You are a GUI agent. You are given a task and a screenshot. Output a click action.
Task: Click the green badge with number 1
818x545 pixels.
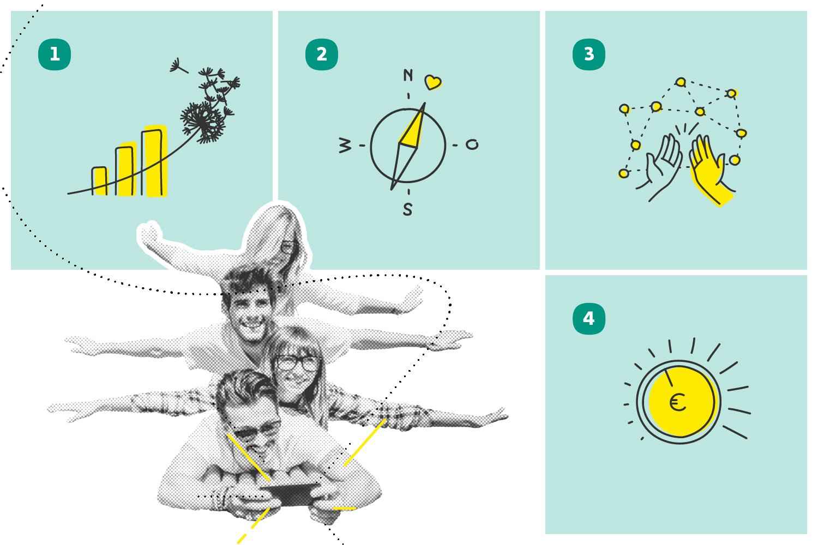(x=55, y=55)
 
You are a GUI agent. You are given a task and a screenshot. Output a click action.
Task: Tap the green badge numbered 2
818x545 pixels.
(x=321, y=55)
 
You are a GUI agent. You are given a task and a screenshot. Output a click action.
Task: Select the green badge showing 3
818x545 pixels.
(x=588, y=55)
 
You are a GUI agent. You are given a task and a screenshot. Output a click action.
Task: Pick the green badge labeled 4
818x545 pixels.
(x=588, y=319)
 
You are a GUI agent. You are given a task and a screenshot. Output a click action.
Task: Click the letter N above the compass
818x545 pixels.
(x=408, y=75)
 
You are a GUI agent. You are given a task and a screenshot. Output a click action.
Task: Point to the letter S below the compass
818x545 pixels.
(x=407, y=209)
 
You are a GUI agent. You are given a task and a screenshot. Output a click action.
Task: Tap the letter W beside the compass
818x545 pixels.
(x=345, y=145)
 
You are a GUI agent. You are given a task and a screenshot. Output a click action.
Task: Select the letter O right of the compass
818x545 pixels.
(x=472, y=144)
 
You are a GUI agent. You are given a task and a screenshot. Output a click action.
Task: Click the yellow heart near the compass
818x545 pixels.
(x=433, y=82)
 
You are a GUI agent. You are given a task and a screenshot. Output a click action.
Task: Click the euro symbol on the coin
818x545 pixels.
(x=678, y=402)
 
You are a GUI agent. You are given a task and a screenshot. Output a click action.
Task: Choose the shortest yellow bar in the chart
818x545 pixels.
(x=100, y=181)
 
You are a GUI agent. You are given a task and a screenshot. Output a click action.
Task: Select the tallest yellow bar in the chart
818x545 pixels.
(x=155, y=161)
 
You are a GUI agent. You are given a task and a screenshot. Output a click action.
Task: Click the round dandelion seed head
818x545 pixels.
(x=202, y=122)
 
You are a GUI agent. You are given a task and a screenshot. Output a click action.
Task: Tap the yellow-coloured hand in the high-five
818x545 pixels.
(x=710, y=170)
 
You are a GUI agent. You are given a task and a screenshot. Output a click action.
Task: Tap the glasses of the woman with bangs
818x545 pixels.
(x=297, y=363)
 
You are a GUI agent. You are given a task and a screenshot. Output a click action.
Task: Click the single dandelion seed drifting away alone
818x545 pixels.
(x=178, y=66)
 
